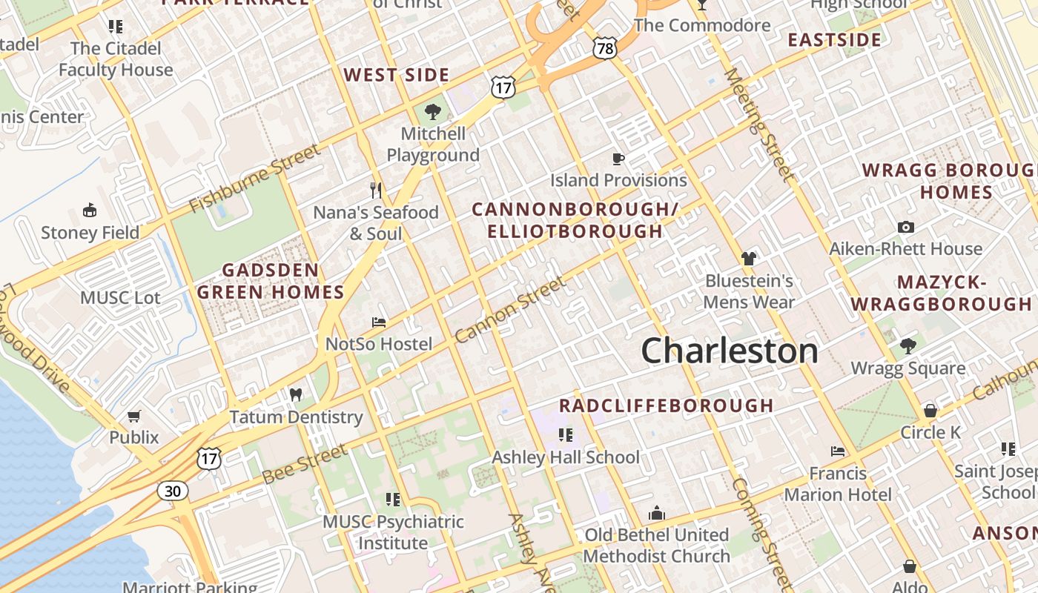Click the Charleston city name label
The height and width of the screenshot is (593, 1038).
tap(730, 351)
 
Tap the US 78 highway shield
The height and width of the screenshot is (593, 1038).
tap(605, 49)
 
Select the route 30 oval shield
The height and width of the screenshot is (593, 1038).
tap(172, 490)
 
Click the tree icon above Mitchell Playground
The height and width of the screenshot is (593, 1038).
tap(433, 113)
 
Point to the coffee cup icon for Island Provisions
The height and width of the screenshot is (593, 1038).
tap(618, 159)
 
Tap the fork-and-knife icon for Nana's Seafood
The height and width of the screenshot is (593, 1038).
tap(376, 191)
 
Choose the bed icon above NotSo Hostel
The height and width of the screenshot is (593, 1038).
tap(378, 322)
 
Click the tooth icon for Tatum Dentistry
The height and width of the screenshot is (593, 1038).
tap(296, 395)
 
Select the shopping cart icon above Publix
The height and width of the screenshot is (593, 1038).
tap(134, 416)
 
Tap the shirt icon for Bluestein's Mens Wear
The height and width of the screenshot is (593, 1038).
tap(749, 259)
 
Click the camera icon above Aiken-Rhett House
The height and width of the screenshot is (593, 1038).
tap(905, 227)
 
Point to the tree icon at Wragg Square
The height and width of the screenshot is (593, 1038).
tap(908, 346)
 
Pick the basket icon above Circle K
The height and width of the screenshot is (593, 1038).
tap(930, 411)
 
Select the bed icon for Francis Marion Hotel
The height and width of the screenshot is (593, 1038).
tap(838, 451)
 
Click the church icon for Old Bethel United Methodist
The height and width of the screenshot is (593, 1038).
tap(657, 513)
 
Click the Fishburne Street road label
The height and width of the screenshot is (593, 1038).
tap(255, 178)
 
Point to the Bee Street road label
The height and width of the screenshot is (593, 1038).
tap(304, 463)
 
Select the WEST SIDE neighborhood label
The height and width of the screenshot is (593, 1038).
tap(397, 75)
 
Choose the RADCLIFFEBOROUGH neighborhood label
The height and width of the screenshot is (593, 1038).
tap(667, 405)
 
